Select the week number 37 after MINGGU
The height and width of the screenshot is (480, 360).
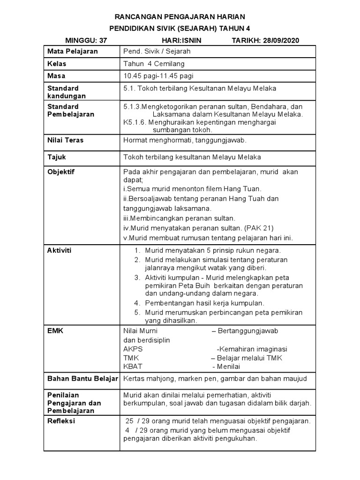coord(101,40)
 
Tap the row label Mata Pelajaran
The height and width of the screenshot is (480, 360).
coord(72,52)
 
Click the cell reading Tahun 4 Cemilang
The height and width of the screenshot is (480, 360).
coord(153,63)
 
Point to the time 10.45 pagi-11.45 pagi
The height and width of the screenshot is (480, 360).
coord(158,75)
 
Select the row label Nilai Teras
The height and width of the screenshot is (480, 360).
coord(65,140)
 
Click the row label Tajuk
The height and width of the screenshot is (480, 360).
coord(57,157)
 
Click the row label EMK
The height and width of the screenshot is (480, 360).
coord(55,331)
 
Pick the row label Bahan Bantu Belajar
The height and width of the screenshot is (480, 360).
coord(82,378)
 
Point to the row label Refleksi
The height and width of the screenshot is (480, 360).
coord(61,421)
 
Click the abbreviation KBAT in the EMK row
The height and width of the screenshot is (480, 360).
coord(133,366)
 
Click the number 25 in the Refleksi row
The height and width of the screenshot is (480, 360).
coord(129,421)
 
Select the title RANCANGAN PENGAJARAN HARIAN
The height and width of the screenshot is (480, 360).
coord(180,16)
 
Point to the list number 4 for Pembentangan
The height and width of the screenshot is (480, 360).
coord(137,303)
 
